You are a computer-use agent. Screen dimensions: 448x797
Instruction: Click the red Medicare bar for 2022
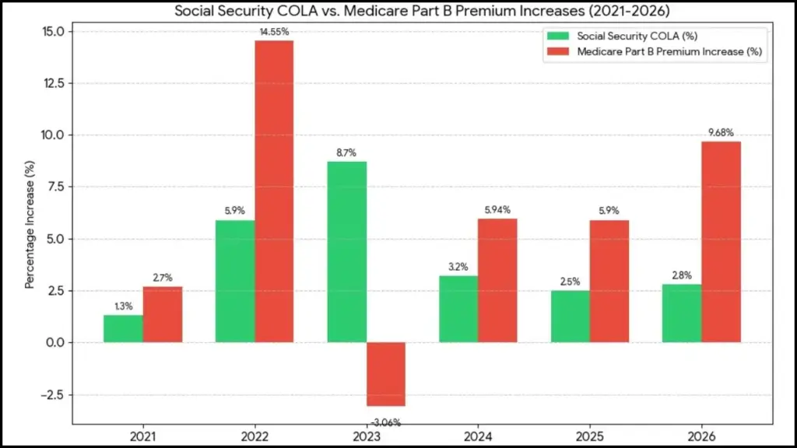[x=274, y=191]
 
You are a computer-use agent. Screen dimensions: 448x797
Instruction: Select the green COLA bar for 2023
[x=346, y=252]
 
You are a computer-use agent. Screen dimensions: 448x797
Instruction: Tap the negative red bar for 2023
[x=386, y=374]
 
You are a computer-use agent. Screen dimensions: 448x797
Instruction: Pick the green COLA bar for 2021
[x=123, y=328]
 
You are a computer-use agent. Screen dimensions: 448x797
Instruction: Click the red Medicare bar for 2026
[x=721, y=242]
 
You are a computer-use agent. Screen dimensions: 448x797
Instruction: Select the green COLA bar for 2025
[x=570, y=317]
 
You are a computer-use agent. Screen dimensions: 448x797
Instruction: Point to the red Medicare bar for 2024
[x=497, y=281]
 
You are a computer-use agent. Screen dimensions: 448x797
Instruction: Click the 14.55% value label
[x=275, y=31]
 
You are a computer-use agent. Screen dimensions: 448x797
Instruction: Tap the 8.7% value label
[x=346, y=153]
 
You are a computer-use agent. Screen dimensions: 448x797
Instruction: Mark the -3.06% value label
[x=386, y=422]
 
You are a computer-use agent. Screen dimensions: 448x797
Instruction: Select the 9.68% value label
[x=722, y=133]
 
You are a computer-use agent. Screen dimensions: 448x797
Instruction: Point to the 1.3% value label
[x=123, y=306]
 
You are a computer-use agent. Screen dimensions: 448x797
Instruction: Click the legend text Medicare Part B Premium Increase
[x=669, y=52]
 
